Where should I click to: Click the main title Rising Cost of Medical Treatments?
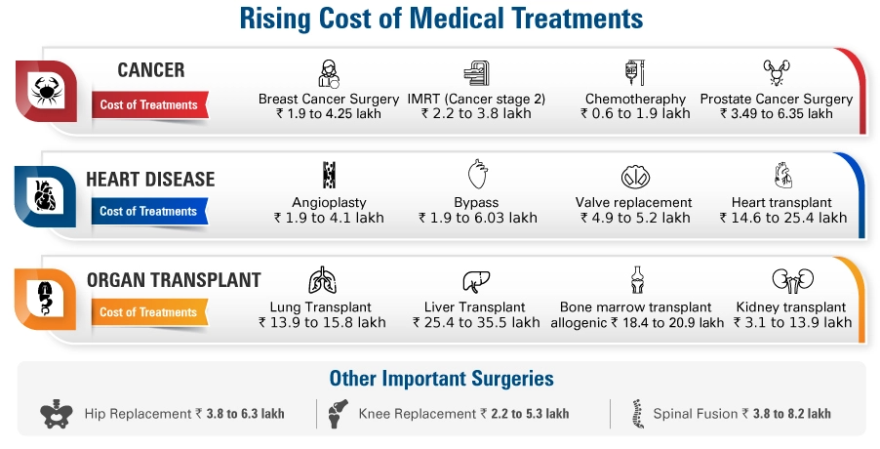[440, 19]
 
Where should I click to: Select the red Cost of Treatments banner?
[148, 105]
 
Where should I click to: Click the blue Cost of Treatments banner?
[148, 211]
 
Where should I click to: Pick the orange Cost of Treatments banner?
[148, 312]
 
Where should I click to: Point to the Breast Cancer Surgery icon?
[329, 73]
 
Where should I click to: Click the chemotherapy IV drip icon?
[631, 73]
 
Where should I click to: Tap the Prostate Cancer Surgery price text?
[776, 113]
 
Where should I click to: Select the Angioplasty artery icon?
[329, 177]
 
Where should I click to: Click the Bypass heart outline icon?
[477, 177]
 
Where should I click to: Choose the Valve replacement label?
[634, 202]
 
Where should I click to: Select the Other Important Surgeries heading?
[441, 379]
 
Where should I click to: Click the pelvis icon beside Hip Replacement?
[58, 414]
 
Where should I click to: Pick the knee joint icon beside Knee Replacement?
[339, 414]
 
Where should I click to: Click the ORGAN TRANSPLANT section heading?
[174, 280]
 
